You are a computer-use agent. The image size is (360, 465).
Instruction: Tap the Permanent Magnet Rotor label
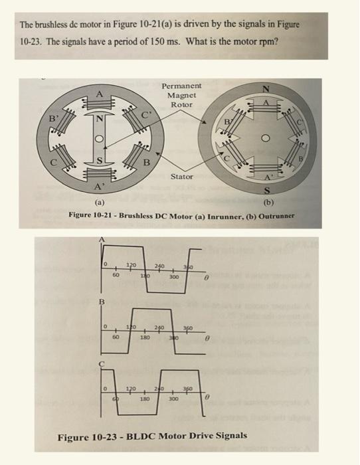[x=181, y=96]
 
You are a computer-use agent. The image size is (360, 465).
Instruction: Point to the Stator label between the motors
[x=181, y=177]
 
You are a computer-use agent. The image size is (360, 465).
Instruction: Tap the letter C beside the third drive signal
[x=102, y=365]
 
